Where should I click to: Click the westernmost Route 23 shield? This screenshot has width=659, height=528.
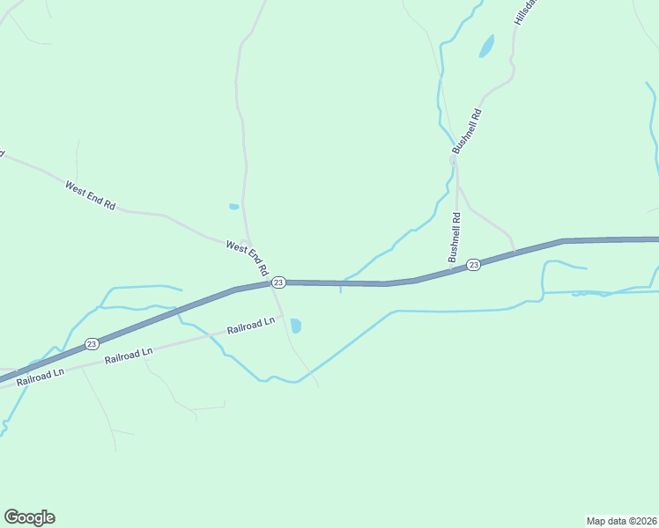91,343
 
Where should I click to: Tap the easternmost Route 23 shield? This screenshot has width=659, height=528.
473,265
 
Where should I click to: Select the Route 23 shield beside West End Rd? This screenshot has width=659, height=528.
278,282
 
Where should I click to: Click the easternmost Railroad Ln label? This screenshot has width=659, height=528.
251,326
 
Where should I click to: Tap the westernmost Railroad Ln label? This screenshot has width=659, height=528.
41,373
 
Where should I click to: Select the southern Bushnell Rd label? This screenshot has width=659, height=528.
455,238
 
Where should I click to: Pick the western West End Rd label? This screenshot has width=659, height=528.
90,194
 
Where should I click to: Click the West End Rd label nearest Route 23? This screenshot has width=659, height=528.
247,260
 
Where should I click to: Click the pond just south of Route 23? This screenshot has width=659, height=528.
296,326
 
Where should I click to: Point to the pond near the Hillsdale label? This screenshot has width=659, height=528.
486,46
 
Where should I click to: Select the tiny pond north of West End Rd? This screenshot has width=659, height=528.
233,207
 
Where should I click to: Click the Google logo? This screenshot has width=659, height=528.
29,517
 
